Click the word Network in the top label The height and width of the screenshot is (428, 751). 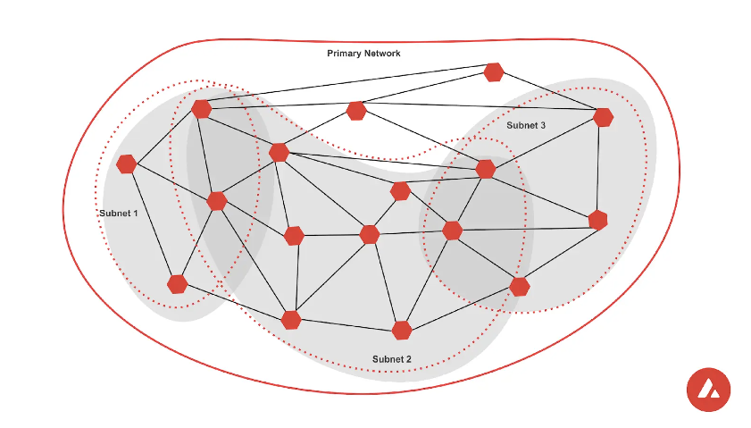(382, 54)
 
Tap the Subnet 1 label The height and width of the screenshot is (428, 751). (118, 214)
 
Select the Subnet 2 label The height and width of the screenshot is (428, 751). (392, 359)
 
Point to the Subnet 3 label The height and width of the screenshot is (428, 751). (526, 126)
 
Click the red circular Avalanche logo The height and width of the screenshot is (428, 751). (708, 390)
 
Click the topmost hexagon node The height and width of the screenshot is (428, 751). (494, 72)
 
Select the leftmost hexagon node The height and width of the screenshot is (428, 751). (126, 164)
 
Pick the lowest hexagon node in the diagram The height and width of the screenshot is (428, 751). (402, 330)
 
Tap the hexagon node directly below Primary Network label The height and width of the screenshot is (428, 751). (356, 111)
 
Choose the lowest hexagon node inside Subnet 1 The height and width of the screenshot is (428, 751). (178, 284)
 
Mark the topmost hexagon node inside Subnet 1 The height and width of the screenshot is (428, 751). (202, 109)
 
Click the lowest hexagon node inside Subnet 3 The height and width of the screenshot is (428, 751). (520, 286)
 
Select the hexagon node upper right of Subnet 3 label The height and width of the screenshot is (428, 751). (603, 117)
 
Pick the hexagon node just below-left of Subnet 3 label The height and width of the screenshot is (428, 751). (486, 169)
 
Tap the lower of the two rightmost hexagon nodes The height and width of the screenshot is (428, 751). (597, 220)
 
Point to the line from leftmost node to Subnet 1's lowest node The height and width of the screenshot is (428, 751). (152, 223)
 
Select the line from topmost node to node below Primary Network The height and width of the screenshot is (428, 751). (425, 91)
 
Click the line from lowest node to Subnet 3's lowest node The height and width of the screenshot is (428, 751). (461, 308)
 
